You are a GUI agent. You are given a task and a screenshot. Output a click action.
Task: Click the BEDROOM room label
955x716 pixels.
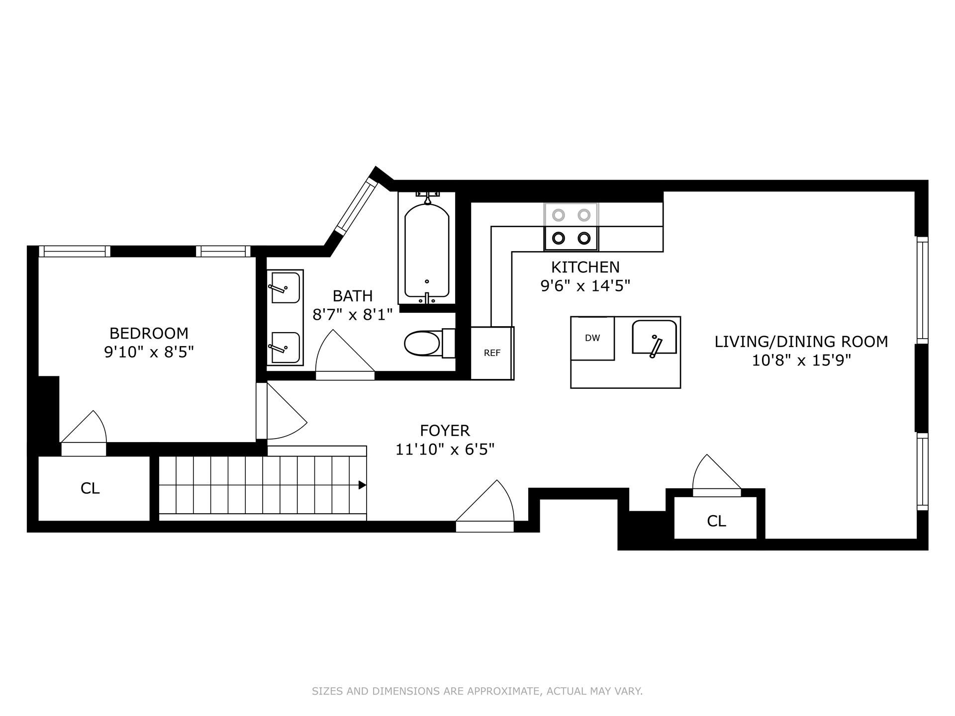tap(149, 333)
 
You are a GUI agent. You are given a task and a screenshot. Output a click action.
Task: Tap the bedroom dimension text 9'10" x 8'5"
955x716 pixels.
tap(149, 352)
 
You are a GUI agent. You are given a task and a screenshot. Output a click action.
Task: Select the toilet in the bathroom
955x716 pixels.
tap(430, 343)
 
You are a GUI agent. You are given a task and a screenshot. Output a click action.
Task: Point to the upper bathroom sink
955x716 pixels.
tap(285, 287)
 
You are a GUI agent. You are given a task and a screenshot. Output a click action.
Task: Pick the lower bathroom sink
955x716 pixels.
tap(285, 348)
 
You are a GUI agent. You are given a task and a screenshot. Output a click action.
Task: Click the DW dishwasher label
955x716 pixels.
tap(592, 338)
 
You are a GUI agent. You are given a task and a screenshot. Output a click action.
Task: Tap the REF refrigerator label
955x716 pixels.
tap(492, 353)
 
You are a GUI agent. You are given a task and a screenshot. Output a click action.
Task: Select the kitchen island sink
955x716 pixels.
tap(655, 337)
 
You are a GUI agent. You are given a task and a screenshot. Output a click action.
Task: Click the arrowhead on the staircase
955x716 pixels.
tap(363, 485)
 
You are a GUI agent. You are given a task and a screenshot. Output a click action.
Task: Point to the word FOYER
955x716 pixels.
tap(445, 430)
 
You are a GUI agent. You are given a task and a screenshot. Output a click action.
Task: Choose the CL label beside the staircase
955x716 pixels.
tap(90, 488)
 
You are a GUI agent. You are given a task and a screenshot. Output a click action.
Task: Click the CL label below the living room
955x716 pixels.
tap(716, 521)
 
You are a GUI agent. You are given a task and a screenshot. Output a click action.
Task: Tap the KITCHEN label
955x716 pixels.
tap(585, 267)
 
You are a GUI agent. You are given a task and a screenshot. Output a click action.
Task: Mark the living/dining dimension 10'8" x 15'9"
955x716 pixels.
tap(801, 360)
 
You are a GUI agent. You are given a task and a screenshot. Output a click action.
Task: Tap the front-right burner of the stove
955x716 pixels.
tap(584, 238)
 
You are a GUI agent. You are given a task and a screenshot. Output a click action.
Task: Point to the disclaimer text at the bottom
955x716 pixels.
tap(477, 691)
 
